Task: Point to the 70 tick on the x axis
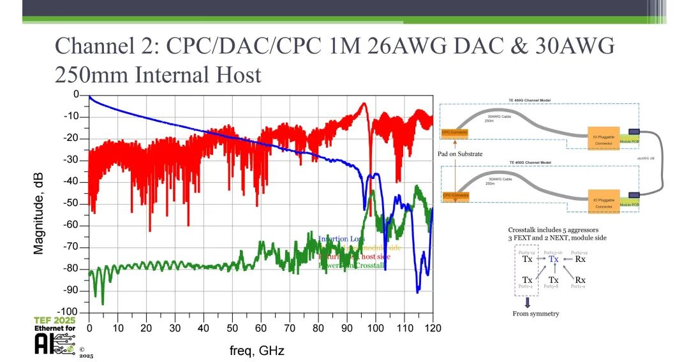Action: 290,328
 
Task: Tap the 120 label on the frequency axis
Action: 433,328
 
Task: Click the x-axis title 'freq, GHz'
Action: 257,351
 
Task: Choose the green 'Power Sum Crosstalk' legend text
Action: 352,265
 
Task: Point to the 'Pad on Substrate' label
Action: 461,154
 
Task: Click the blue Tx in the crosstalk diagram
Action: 554,259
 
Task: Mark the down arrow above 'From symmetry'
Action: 528,303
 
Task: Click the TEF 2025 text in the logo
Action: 54,320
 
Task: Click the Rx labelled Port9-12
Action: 581,259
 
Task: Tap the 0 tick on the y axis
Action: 76,94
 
